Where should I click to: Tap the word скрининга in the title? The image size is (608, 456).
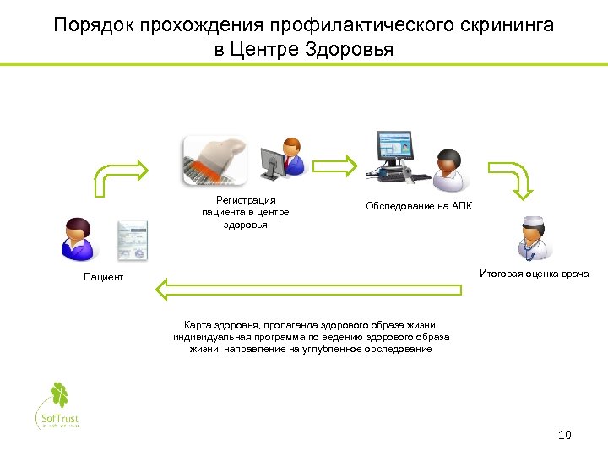(x=505, y=25)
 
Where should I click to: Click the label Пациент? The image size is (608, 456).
(x=103, y=277)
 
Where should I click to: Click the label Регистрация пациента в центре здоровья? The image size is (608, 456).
(x=245, y=212)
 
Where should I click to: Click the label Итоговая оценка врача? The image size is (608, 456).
(x=534, y=274)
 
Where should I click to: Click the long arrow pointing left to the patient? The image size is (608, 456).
(x=308, y=289)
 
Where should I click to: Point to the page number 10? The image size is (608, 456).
(x=565, y=435)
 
